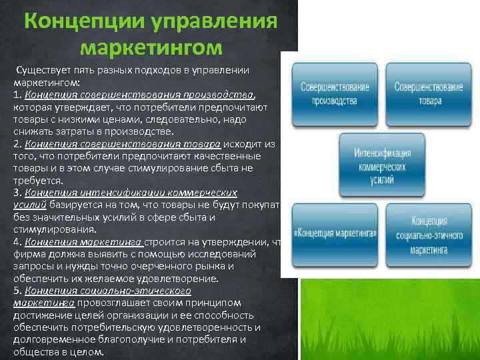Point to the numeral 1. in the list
[17, 95]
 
